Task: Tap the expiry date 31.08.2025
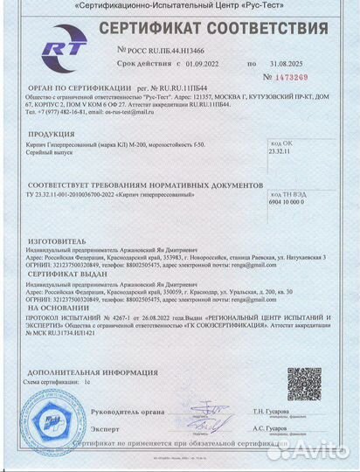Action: pyautogui.click(x=288, y=65)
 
